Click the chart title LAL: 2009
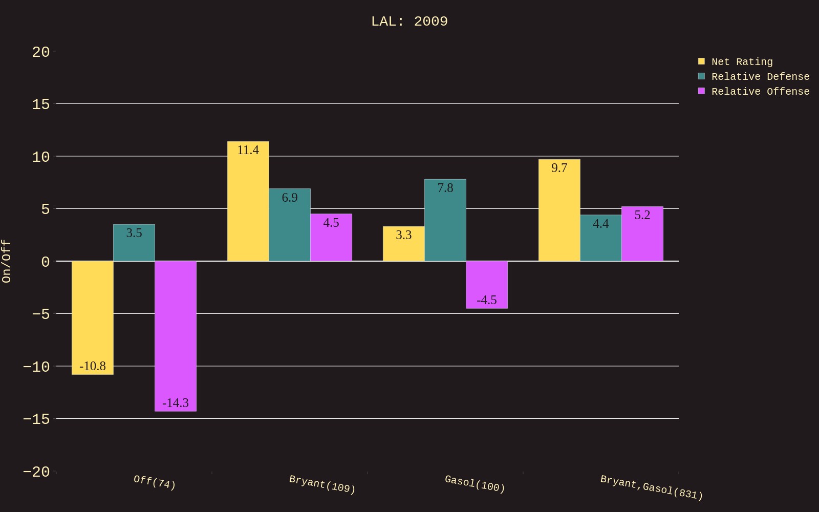click(x=409, y=22)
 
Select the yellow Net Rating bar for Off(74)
click(x=93, y=317)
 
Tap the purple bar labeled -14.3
click(x=176, y=336)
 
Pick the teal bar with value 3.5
click(x=134, y=243)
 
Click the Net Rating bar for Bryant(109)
click(x=248, y=201)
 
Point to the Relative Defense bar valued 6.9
click(x=290, y=225)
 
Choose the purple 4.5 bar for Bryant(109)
click(x=331, y=237)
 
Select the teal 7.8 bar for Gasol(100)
click(x=445, y=220)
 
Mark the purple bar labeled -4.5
click(x=487, y=285)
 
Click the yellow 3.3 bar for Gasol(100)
click(x=404, y=244)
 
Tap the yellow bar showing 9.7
click(x=559, y=210)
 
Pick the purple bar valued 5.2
click(x=642, y=233)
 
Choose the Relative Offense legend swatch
click(x=701, y=91)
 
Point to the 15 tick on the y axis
click(x=41, y=104)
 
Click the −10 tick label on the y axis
click(x=36, y=367)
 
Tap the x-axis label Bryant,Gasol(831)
click(x=652, y=487)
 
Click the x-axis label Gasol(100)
click(x=475, y=483)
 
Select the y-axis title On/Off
click(x=6, y=261)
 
